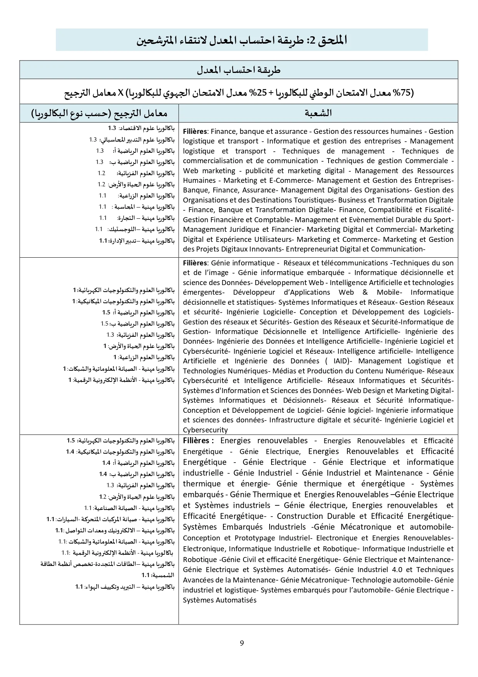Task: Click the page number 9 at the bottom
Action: [242, 643]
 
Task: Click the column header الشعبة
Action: [318, 113]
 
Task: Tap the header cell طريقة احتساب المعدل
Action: [239, 70]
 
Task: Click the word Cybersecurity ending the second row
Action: [205, 430]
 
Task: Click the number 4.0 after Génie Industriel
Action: [396, 570]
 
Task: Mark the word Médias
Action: [283, 371]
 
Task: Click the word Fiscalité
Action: [438, 210]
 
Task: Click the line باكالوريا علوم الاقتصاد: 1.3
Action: [141, 128]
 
